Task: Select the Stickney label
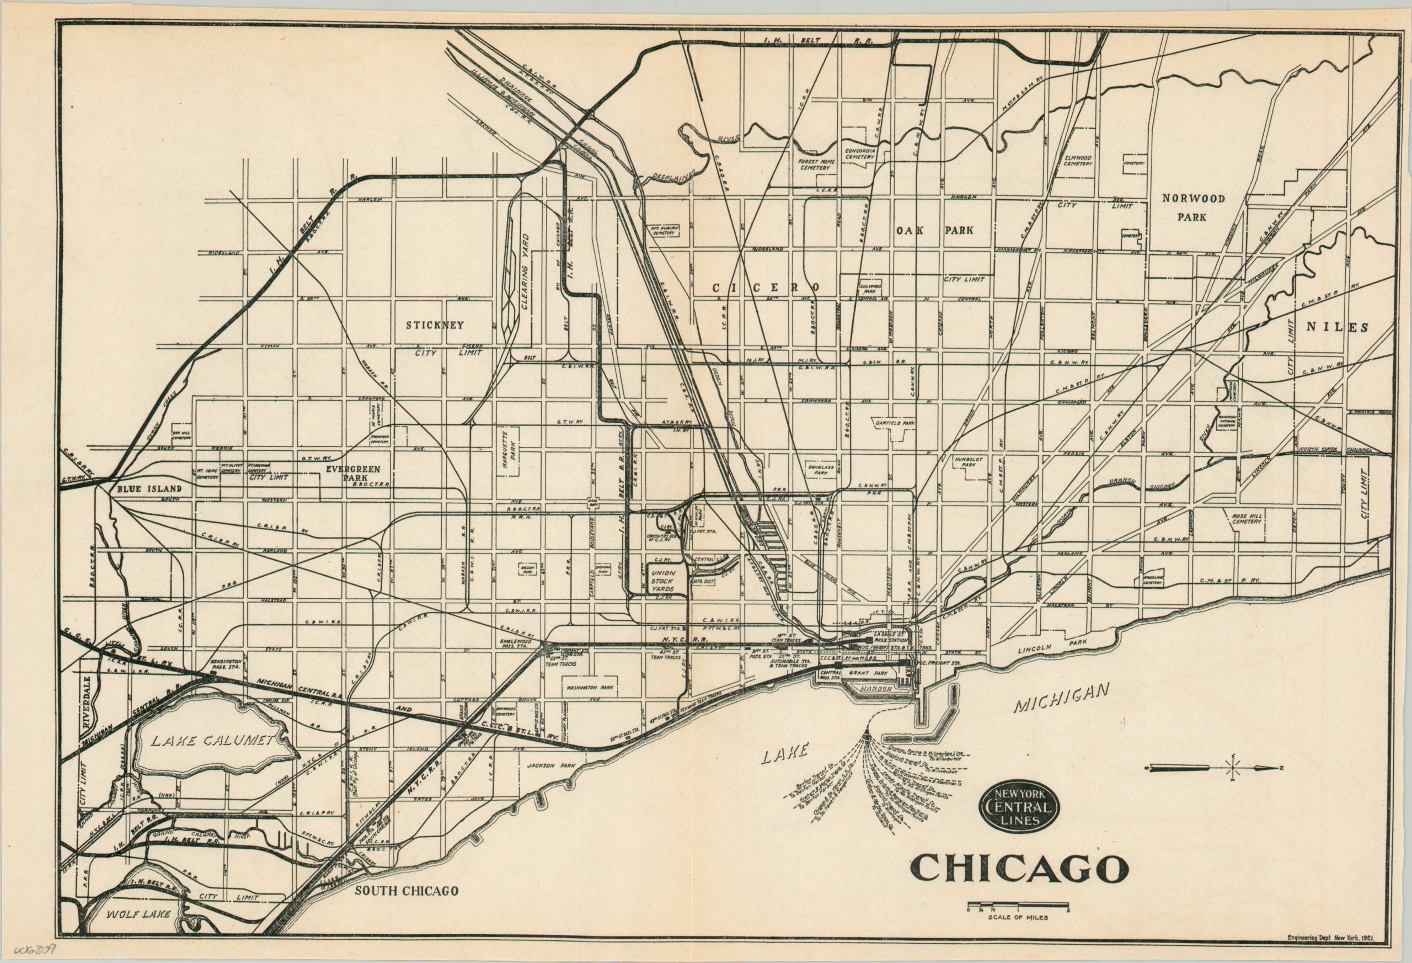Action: [x=435, y=325]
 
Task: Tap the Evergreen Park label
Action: [x=354, y=474]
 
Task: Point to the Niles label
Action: [x=1338, y=327]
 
